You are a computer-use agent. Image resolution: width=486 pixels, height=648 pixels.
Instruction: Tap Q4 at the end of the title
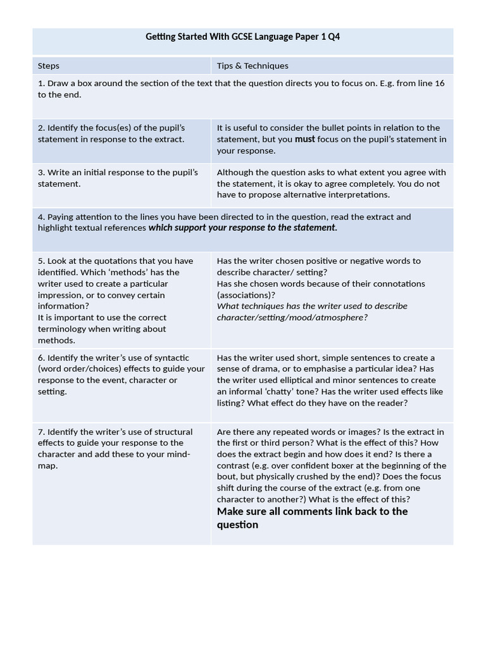click(333, 37)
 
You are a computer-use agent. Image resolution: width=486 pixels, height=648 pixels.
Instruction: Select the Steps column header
click(49, 66)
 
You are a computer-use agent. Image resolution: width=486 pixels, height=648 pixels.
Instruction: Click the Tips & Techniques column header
click(252, 66)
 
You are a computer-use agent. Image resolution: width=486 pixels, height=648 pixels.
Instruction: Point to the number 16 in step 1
click(439, 84)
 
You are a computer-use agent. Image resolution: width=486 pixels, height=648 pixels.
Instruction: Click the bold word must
click(304, 139)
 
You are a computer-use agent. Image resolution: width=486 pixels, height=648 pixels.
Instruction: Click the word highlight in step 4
click(55, 228)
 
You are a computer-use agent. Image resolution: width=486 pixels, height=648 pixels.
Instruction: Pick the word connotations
click(398, 283)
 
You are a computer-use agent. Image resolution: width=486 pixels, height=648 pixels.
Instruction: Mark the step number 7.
click(40, 432)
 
